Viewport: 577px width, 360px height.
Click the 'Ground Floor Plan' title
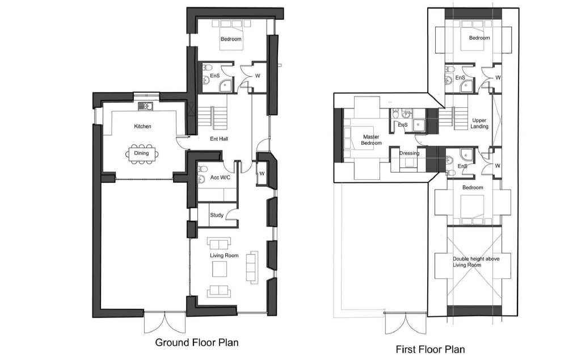pyautogui.click(x=196, y=342)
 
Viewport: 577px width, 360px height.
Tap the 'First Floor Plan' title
pyautogui.click(x=430, y=349)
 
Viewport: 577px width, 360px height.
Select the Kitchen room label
pyautogui.click(x=142, y=127)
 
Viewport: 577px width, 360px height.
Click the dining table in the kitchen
pyautogui.click(x=142, y=153)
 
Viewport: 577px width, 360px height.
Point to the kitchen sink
pyautogui.click(x=146, y=106)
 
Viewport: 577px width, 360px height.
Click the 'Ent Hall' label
pyautogui.click(x=219, y=139)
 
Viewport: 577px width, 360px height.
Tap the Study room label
pyautogui.click(x=217, y=215)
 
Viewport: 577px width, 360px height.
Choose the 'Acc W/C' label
pyautogui.click(x=220, y=178)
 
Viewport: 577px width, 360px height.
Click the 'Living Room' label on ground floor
pyautogui.click(x=224, y=256)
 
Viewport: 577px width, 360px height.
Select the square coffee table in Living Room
pyautogui.click(x=220, y=269)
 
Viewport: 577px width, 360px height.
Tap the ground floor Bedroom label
pyautogui.click(x=231, y=39)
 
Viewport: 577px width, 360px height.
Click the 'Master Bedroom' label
pyautogui.click(x=371, y=140)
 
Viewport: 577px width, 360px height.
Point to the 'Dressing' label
pyautogui.click(x=409, y=153)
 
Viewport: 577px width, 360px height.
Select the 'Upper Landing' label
pyautogui.click(x=479, y=123)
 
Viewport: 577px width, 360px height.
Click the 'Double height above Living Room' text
pyautogui.click(x=476, y=262)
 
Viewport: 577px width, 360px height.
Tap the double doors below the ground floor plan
pyautogui.click(x=165, y=323)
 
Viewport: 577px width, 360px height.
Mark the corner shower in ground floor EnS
pyautogui.click(x=226, y=85)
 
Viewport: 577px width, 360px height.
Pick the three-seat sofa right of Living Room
pyautogui.click(x=252, y=267)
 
